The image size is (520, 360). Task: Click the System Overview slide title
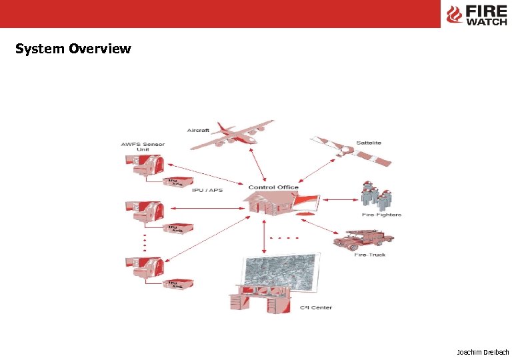(73, 49)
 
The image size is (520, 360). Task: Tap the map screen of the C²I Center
(281, 274)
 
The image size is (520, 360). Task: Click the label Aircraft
(198, 130)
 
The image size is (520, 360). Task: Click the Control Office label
(273, 187)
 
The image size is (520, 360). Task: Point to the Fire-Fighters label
(382, 215)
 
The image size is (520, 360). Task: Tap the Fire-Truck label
(370, 255)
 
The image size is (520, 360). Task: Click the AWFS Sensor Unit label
(143, 147)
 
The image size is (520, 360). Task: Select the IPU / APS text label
(207, 190)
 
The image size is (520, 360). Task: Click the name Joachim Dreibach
(483, 351)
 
